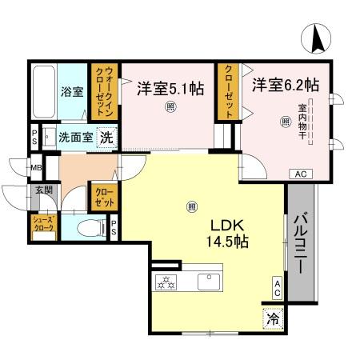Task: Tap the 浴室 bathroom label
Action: pyautogui.click(x=72, y=91)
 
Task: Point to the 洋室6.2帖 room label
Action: pyautogui.click(x=286, y=84)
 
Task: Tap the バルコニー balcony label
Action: pyautogui.click(x=302, y=243)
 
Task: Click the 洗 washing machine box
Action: pyautogui.click(x=106, y=137)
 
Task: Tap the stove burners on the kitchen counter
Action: pyautogui.click(x=166, y=282)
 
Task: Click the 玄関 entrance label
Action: pyautogui.click(x=42, y=190)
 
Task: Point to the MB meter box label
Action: pyautogui.click(x=36, y=168)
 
